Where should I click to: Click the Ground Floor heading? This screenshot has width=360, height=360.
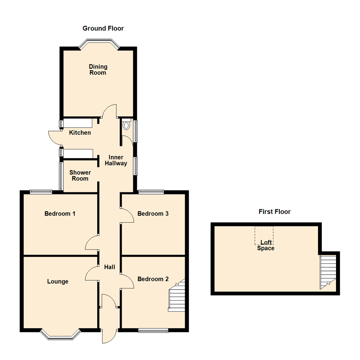tap(103, 28)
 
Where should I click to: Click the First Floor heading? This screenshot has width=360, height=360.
tap(274, 211)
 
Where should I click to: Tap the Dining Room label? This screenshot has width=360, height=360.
tap(98, 69)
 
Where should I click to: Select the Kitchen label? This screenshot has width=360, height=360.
tap(80, 133)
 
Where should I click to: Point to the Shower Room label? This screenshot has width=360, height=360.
tap(80, 175)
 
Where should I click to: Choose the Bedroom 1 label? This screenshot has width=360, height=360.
tap(60, 213)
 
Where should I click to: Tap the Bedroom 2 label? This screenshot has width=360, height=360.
tap(153, 279)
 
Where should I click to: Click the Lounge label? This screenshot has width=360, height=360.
tap(58, 281)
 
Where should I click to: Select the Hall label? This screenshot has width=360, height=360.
tap(109, 267)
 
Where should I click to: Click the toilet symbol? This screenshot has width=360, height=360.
tap(126, 125)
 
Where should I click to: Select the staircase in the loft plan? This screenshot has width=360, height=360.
tap(328, 272)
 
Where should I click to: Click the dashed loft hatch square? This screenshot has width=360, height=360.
tap(264, 235)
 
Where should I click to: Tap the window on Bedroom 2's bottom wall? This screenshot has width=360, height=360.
tap(153, 330)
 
